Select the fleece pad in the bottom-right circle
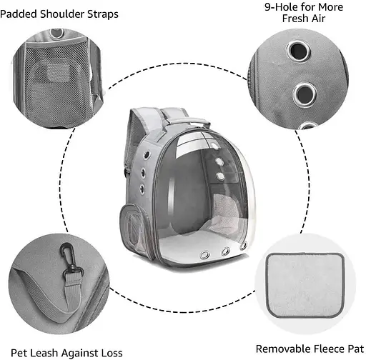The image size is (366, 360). point(305,285)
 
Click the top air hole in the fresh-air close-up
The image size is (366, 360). point(299,51)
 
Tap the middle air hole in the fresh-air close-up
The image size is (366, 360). point(305,94)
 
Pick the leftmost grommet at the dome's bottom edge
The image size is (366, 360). point(204,255)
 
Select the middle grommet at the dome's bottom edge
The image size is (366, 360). point(225,251)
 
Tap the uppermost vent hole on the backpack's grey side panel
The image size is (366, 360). point(147,155)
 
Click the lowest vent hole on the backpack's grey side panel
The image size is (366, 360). point(142,189)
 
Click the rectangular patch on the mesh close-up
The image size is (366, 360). point(59,73)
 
